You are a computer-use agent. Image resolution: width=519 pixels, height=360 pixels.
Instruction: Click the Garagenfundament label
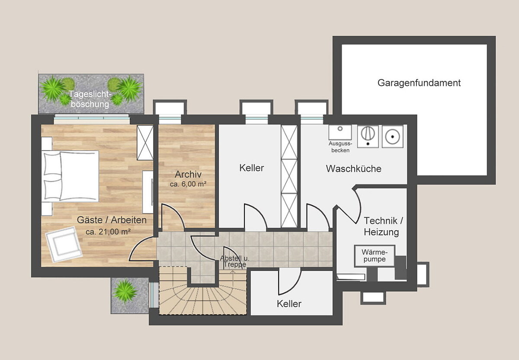(x=419, y=83)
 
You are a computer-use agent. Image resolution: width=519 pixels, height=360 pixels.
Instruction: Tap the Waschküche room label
(x=354, y=169)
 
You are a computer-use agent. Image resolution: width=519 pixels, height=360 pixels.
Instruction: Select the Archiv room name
(x=188, y=174)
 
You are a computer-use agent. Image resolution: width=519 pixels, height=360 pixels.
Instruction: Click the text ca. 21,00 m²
(x=108, y=232)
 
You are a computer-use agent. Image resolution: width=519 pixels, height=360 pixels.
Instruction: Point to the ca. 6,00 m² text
(x=188, y=184)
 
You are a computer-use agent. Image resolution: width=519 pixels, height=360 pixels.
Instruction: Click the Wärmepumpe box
(x=375, y=255)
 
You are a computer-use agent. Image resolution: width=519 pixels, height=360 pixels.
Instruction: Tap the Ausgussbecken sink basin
(x=340, y=132)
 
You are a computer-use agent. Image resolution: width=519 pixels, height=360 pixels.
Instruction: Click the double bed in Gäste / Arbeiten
(x=70, y=176)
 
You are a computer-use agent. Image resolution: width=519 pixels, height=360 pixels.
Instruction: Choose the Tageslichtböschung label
(x=90, y=99)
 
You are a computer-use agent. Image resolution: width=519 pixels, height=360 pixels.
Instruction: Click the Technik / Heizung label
(x=383, y=226)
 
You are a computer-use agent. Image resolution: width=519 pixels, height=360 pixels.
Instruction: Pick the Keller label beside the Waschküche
(x=251, y=168)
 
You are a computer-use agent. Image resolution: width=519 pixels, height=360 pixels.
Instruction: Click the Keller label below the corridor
(x=289, y=304)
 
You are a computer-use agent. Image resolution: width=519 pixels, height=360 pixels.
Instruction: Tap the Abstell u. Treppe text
(x=234, y=261)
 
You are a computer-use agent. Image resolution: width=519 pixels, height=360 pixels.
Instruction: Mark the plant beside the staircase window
(x=125, y=291)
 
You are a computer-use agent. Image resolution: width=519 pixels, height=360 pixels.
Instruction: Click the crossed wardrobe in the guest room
(x=145, y=143)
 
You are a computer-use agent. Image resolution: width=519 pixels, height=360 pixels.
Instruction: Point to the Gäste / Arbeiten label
(x=112, y=220)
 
